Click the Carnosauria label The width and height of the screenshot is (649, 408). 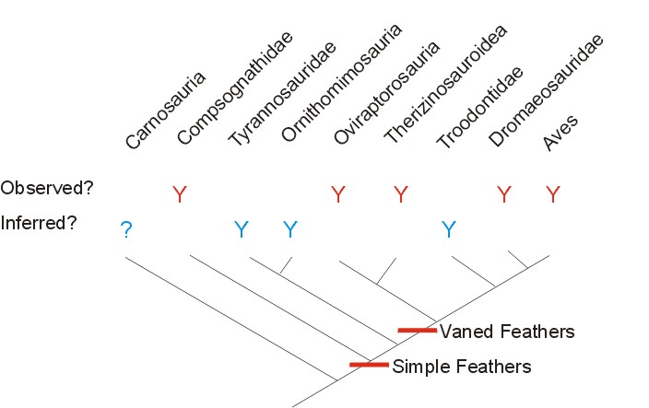pyautogui.click(x=167, y=112)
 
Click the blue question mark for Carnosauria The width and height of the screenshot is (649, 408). pyautogui.click(x=126, y=230)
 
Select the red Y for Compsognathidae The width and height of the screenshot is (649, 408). pyautogui.click(x=180, y=194)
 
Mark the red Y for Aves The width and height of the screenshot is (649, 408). pyautogui.click(x=553, y=194)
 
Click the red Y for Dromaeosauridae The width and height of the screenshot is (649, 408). pyautogui.click(x=503, y=194)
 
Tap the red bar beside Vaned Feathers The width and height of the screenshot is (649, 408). pyautogui.click(x=417, y=330)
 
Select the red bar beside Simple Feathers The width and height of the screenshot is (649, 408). pyautogui.click(x=369, y=366)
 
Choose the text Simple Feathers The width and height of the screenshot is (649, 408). pyautogui.click(x=462, y=367)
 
